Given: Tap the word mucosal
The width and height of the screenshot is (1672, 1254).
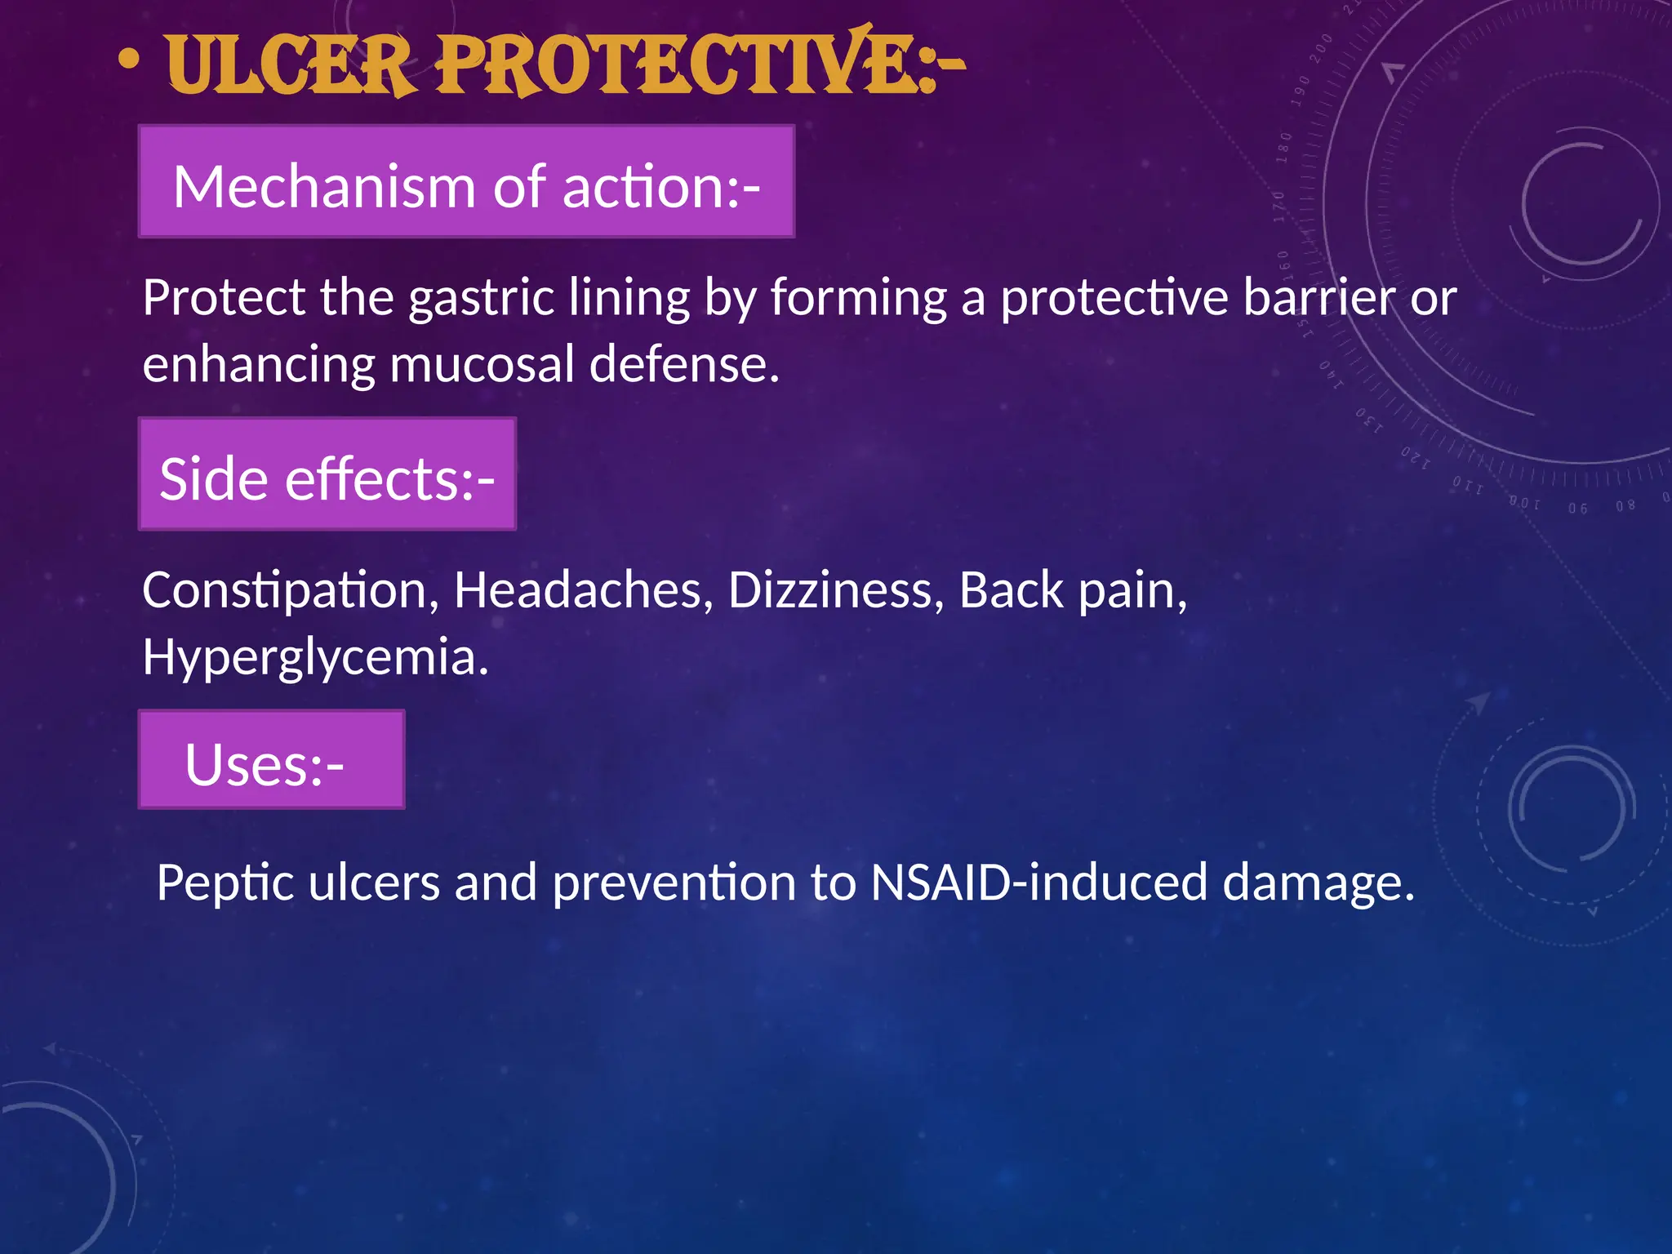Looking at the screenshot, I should tap(482, 364).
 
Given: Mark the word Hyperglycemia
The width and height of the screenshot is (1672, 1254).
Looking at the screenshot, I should tap(315, 658).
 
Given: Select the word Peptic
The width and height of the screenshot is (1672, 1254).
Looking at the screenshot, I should tap(225, 883).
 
